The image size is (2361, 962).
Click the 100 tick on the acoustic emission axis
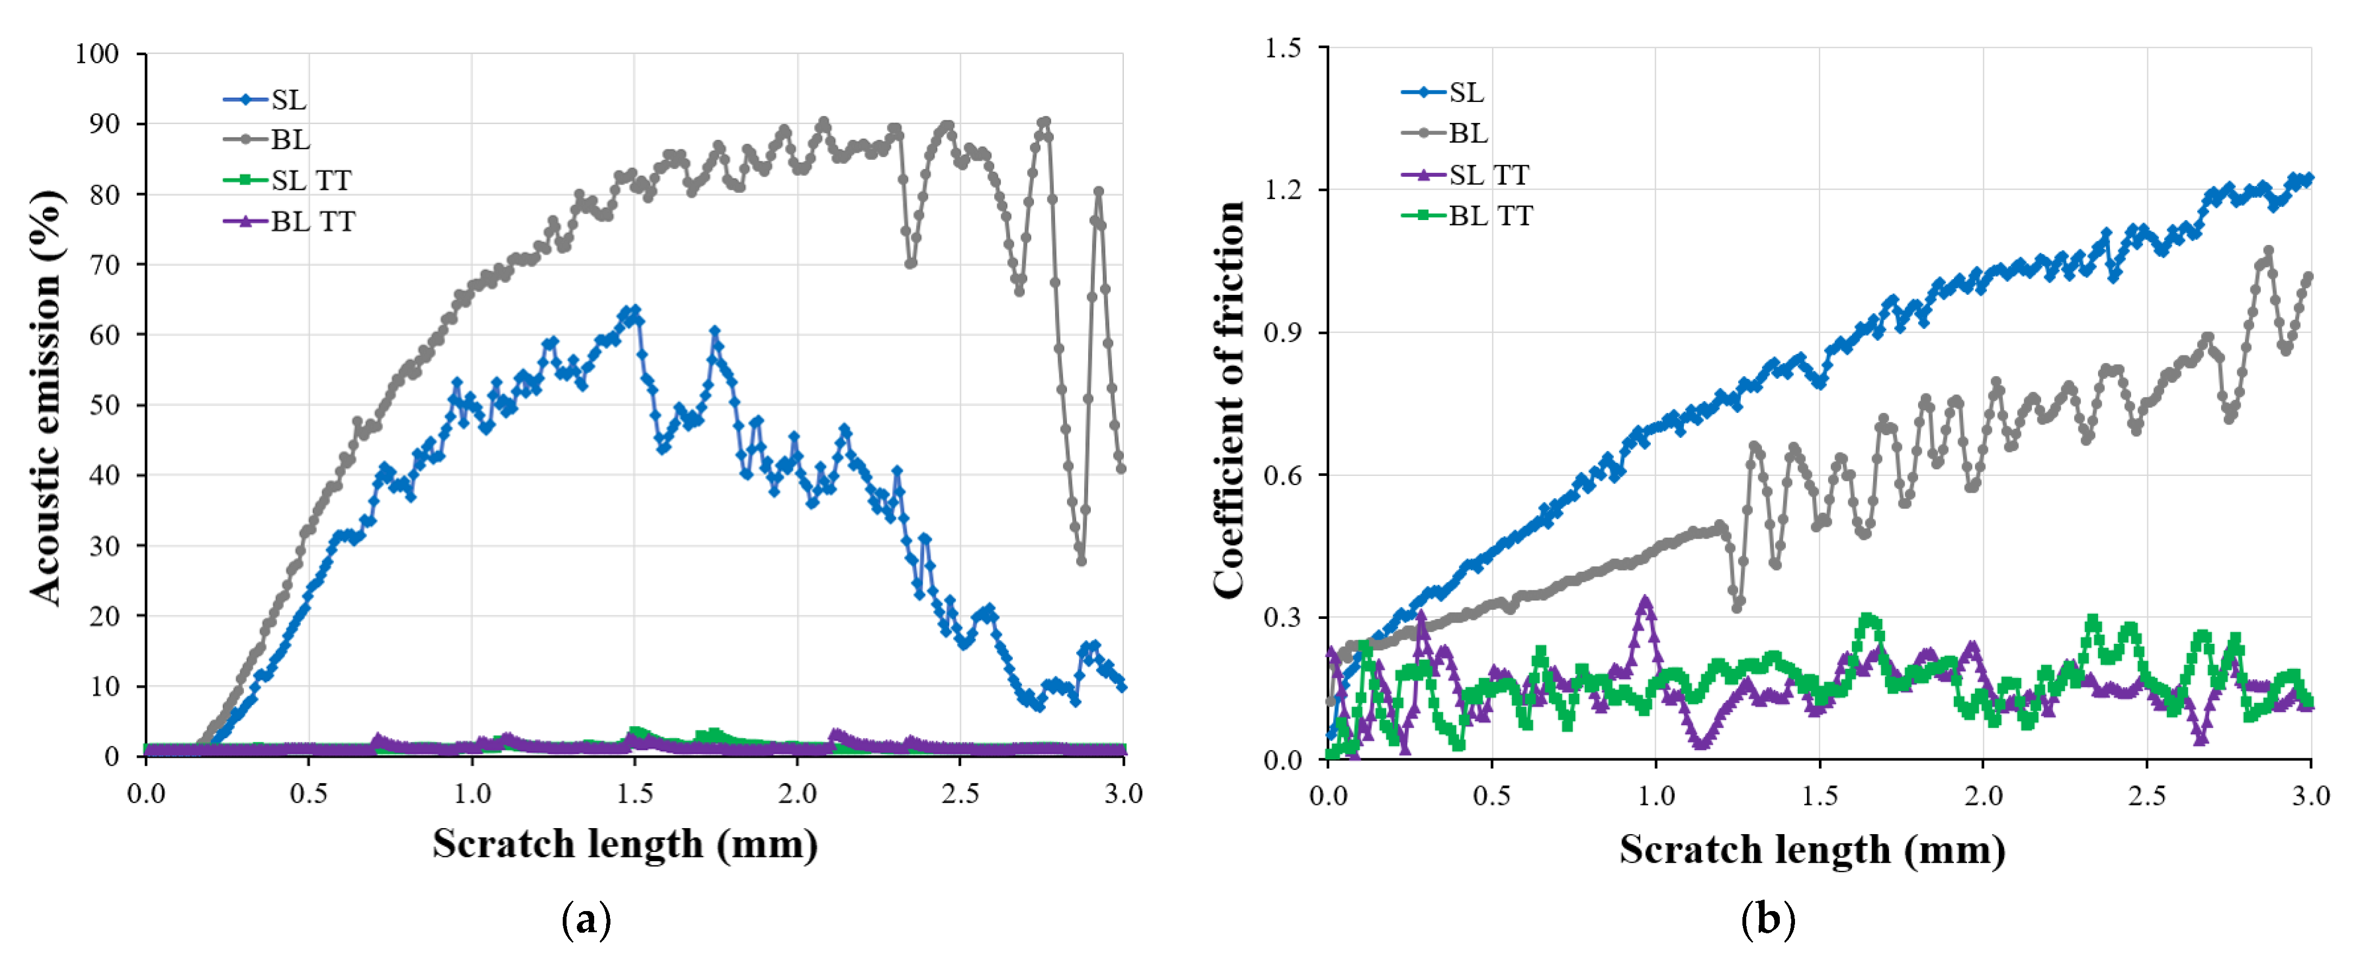pos(97,54)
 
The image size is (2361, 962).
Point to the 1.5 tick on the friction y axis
pos(1283,48)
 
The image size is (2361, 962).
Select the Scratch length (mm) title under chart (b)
pos(1812,849)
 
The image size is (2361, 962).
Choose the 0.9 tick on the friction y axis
pos(1283,333)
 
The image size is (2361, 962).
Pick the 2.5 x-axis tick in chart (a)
pos(960,793)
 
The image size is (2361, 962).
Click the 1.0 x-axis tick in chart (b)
pos(1655,795)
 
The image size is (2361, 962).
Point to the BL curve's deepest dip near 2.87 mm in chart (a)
pos(1082,560)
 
